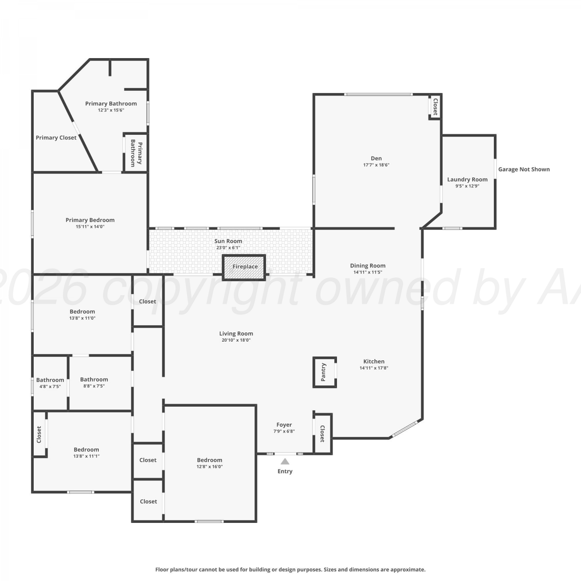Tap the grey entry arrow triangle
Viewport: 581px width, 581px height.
tap(285, 461)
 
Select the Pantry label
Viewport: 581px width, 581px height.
tap(324, 372)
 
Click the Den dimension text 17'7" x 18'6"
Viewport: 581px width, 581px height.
tap(376, 165)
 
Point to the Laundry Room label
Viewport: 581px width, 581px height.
tap(467, 179)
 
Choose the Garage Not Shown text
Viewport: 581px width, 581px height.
tap(524, 169)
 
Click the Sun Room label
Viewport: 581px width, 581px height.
tap(228, 241)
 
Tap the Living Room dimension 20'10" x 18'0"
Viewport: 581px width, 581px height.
tap(236, 340)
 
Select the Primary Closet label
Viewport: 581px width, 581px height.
tap(56, 138)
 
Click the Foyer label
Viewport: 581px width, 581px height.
tap(284, 425)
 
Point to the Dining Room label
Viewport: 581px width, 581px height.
tap(368, 266)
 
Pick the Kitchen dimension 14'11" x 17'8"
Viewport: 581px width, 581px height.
tap(374, 368)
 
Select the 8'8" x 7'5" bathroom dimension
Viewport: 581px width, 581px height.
tap(94, 386)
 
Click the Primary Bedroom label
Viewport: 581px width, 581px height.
tap(90, 220)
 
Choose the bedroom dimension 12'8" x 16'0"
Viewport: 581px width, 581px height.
tap(209, 467)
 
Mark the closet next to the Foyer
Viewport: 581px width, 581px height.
tap(323, 433)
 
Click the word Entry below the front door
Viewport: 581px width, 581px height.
tap(285, 471)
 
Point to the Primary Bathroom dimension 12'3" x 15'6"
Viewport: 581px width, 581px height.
tap(111, 110)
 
